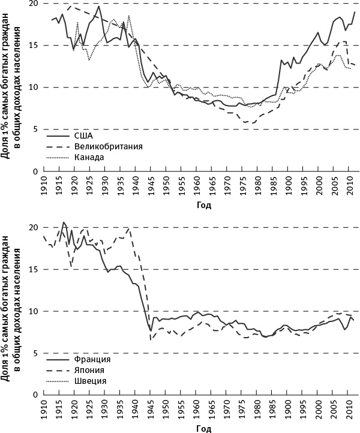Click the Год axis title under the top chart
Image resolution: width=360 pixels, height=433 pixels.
(x=202, y=205)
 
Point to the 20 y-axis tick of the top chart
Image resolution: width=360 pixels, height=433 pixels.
(x=34, y=4)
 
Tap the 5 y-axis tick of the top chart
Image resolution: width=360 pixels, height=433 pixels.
(x=36, y=129)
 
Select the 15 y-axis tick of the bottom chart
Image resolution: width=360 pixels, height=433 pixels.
(x=34, y=269)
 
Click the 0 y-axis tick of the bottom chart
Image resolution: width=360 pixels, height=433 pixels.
(x=36, y=395)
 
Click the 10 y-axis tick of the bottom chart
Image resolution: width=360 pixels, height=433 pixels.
(x=34, y=311)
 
